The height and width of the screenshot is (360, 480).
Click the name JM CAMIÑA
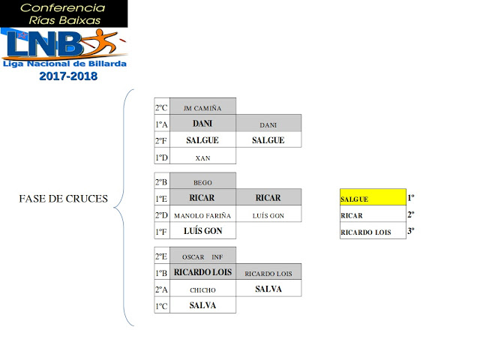202,107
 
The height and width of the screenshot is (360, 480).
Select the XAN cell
202,157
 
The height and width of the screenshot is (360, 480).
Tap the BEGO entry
202,181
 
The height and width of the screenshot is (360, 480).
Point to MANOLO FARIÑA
202,215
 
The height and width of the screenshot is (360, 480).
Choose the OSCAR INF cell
202,256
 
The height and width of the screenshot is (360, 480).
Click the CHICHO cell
202,289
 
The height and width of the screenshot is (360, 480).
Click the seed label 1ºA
161,124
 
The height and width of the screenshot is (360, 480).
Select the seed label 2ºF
161,140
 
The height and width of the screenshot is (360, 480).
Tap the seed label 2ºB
161,181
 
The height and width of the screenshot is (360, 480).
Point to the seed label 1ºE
161,198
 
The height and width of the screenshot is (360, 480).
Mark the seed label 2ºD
161,215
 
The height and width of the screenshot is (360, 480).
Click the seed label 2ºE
161,256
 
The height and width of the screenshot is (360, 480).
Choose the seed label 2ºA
161,289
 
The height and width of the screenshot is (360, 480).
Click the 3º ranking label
411,232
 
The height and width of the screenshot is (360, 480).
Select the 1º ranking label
411,199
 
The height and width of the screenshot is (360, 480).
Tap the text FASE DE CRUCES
64,199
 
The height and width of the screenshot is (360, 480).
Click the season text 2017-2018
68,76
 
